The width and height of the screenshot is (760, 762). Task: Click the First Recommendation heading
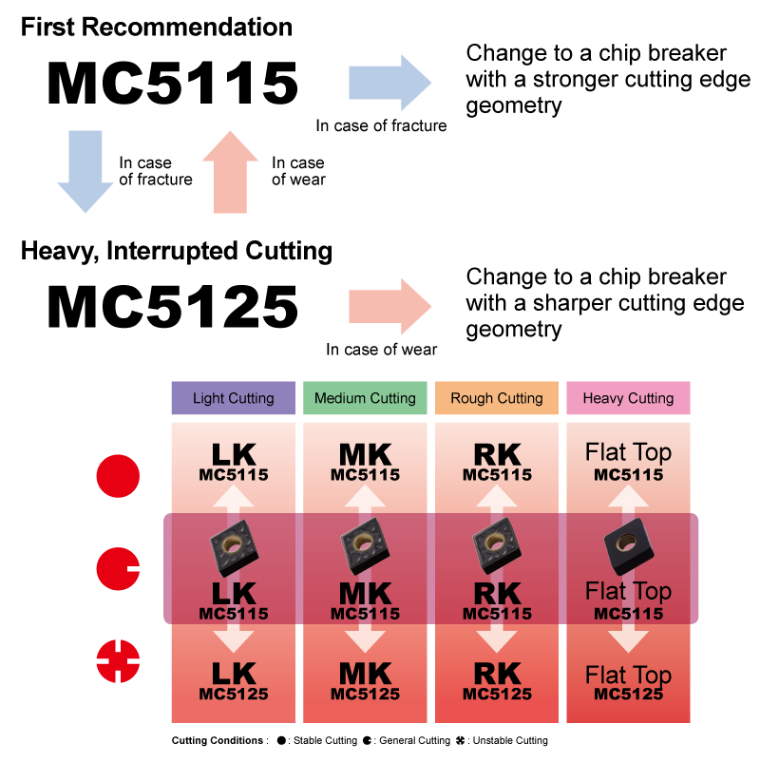[x=157, y=27]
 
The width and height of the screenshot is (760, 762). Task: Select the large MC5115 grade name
[x=172, y=84]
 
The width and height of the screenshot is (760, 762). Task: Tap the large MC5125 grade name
[x=172, y=307]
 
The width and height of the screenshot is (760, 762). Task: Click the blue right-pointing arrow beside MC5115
[x=389, y=83]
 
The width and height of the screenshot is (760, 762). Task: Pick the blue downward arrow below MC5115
[x=85, y=171]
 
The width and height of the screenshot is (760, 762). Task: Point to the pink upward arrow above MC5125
[x=230, y=171]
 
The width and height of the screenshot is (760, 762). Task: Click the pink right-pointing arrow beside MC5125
[x=389, y=306]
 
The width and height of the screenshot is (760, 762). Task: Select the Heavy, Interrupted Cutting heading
[x=177, y=252]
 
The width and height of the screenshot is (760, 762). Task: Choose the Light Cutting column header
[x=233, y=398]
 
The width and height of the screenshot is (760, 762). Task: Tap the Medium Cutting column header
[x=365, y=398]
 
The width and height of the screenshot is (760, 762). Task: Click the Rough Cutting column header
[x=497, y=398]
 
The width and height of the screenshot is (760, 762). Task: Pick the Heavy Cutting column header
[x=628, y=398]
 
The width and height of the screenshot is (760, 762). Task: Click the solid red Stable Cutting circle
[x=118, y=476]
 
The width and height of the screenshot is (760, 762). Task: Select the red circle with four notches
[x=118, y=662]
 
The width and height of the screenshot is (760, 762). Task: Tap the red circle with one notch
[x=118, y=569]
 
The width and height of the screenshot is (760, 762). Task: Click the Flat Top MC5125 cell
[x=628, y=683]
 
